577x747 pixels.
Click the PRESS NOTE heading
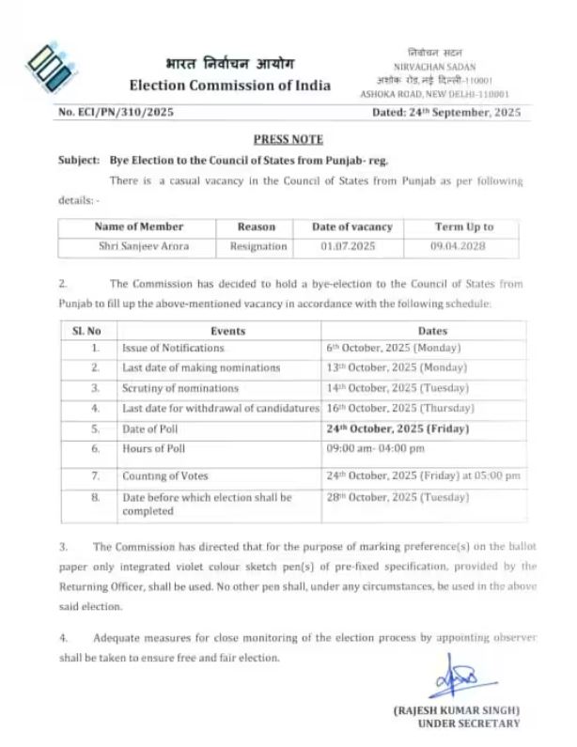(288, 138)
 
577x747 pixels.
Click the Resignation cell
(257, 246)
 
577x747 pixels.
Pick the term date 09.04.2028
(463, 246)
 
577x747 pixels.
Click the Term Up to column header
(463, 227)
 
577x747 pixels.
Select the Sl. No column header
(86, 331)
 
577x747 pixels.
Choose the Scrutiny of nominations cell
(179, 388)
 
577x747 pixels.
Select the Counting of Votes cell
(164, 476)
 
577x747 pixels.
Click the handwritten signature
(462, 677)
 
